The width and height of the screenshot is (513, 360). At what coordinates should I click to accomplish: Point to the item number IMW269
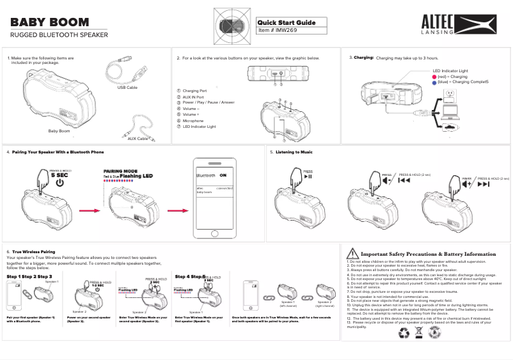[280, 30]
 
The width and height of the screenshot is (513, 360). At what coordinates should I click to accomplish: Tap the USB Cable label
[127, 87]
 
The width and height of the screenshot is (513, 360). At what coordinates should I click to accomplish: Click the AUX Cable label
[138, 138]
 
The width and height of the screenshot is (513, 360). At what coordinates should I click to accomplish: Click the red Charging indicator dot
[434, 77]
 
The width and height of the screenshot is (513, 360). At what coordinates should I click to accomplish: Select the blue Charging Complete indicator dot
[434, 82]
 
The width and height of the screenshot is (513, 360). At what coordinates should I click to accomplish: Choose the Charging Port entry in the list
[194, 91]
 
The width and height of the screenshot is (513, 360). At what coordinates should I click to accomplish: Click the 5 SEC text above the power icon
[59, 175]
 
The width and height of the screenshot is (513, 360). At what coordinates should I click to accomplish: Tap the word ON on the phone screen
[223, 175]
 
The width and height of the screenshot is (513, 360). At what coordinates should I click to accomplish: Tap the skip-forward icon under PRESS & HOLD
[484, 184]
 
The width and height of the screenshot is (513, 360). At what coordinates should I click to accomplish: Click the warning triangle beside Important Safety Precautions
[352, 254]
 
